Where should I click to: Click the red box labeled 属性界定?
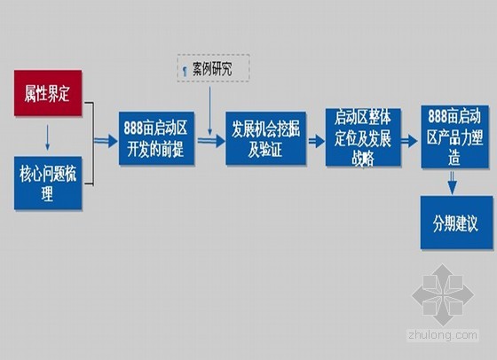[48, 93]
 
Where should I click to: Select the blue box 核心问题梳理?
[48, 183]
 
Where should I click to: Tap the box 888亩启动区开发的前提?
[156, 138]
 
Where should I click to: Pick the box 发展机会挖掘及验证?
[265, 138]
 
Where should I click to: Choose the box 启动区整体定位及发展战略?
[363, 137]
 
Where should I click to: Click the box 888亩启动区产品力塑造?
[454, 137]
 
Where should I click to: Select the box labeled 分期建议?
[457, 223]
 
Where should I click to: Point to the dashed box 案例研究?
[213, 68]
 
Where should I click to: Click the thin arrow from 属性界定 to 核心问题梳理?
[48, 137]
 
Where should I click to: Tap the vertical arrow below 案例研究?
[209, 111]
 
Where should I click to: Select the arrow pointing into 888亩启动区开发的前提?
[106, 141]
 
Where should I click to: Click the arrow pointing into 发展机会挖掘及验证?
[211, 141]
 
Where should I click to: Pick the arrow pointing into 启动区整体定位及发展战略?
[316, 141]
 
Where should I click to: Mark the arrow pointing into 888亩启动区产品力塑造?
[409, 141]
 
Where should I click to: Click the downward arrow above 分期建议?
[453, 183]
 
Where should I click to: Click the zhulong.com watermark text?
[443, 335]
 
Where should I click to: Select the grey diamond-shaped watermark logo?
[443, 295]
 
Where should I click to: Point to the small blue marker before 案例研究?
[185, 71]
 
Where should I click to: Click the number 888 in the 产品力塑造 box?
[439, 116]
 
